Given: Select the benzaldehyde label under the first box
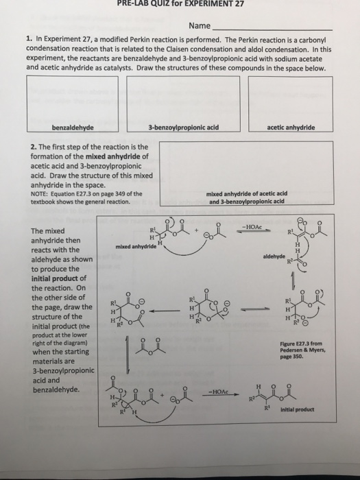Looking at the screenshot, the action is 72,127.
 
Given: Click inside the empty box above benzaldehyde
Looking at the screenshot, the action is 72,97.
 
